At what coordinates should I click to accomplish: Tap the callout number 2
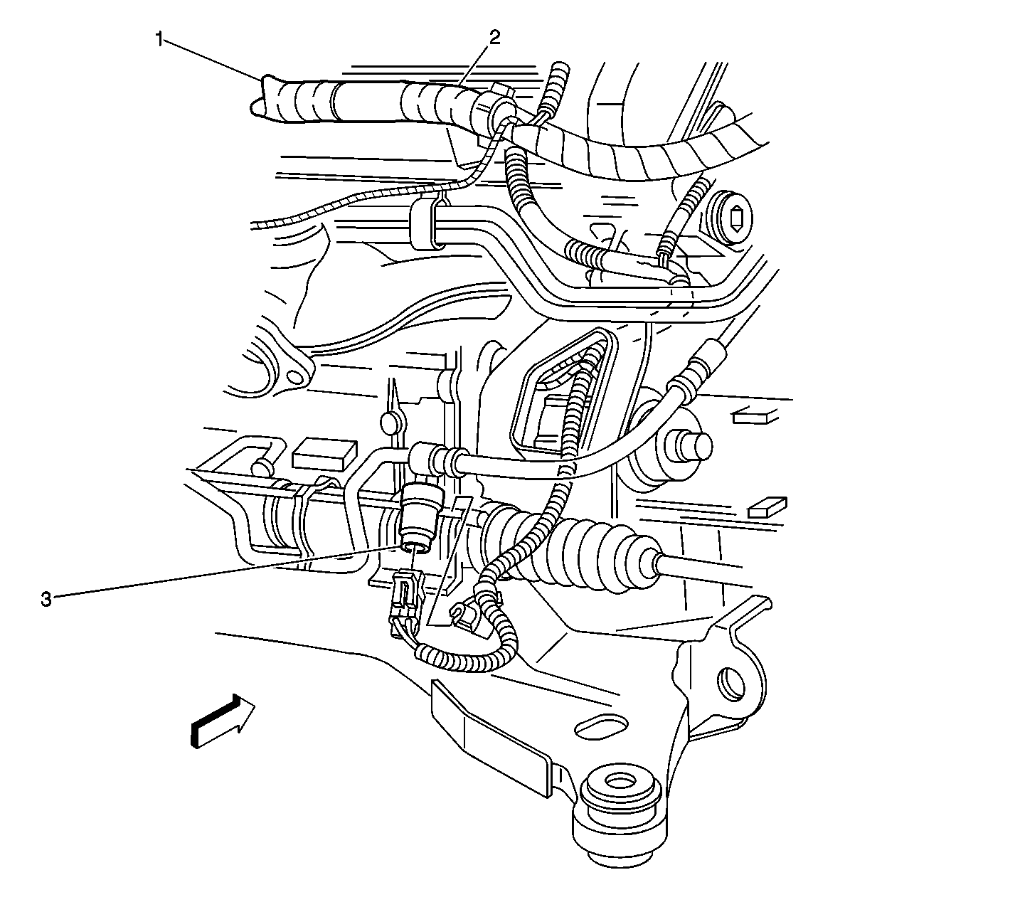494,38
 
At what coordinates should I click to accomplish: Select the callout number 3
46,600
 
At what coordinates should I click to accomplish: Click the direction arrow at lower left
223,721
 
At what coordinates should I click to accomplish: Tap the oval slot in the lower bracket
602,726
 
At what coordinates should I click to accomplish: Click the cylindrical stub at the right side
686,445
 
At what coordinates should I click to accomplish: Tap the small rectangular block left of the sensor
324,453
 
